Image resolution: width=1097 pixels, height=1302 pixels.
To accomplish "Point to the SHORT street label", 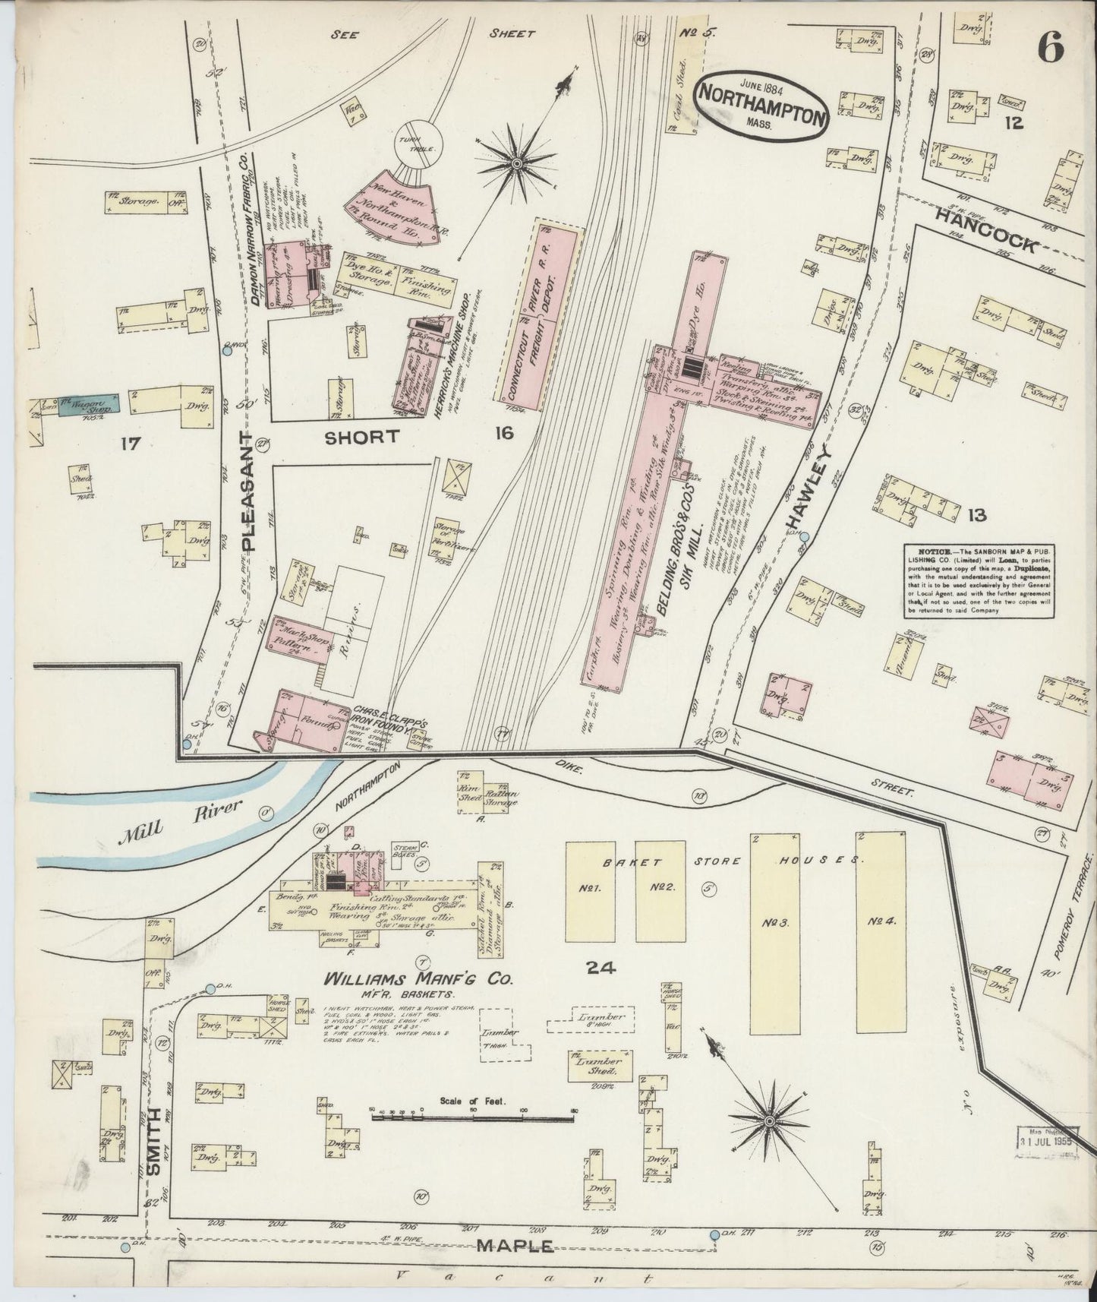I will click(x=362, y=436).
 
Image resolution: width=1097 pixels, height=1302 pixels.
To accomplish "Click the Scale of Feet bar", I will click(x=472, y=1116).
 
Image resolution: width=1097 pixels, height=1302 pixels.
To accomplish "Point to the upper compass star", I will click(x=516, y=162).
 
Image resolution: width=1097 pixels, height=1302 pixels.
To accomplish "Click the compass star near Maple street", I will click(x=769, y=1121).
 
